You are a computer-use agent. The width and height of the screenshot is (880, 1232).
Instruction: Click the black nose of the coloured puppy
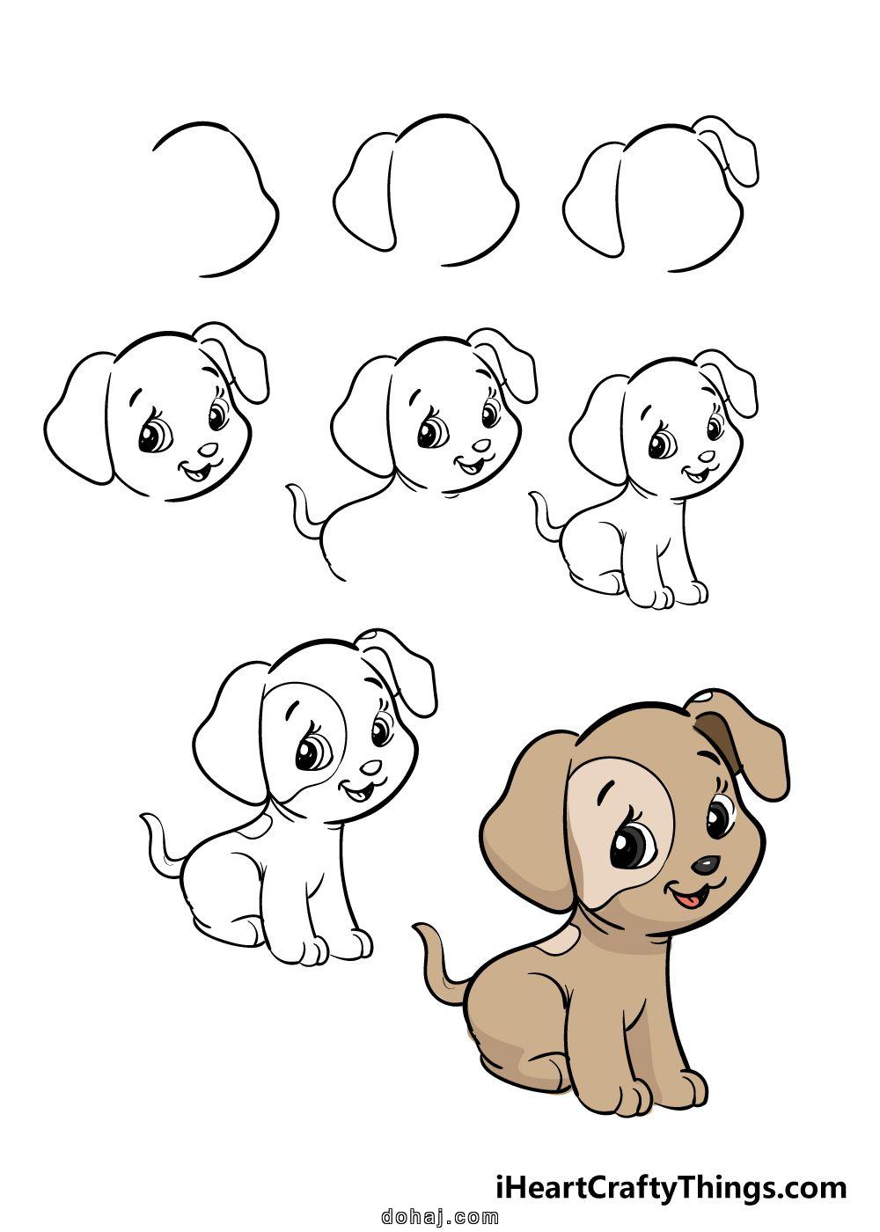704,865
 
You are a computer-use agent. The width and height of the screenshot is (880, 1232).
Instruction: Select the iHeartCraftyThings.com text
670,1188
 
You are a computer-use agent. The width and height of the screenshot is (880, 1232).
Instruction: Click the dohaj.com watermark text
441,1217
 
